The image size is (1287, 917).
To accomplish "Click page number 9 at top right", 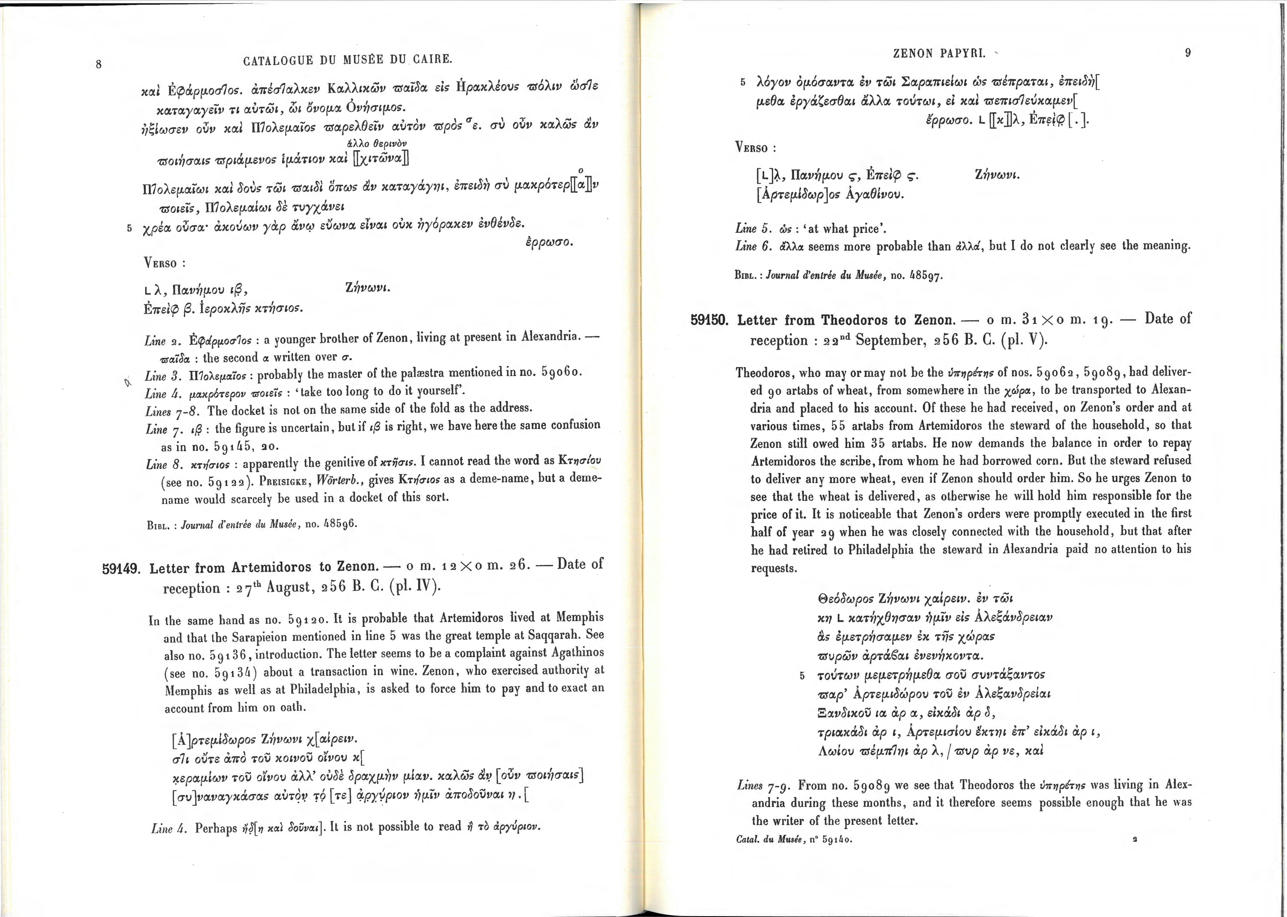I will pos(1188,53).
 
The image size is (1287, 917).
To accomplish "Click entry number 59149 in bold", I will pos(121,568).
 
